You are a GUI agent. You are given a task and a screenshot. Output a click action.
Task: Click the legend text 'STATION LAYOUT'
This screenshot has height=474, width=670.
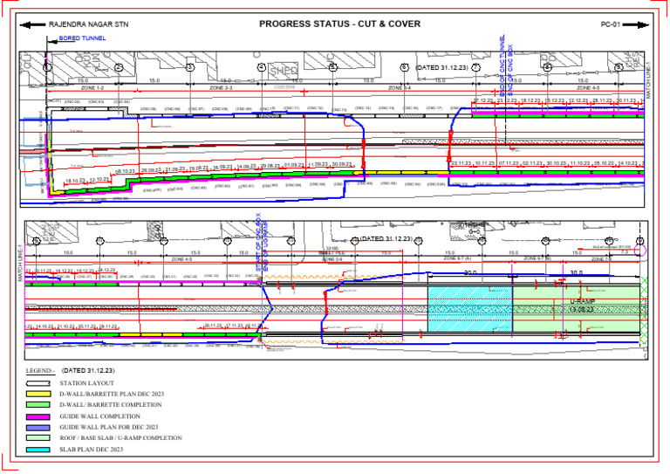[x=85, y=384]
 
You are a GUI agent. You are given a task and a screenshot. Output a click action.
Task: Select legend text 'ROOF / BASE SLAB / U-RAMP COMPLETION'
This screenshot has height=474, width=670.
[x=121, y=438]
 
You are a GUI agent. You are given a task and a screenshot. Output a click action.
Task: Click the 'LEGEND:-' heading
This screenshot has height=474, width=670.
[x=40, y=370]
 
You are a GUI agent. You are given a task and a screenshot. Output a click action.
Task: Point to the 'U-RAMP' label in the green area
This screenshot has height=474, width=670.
[x=582, y=301]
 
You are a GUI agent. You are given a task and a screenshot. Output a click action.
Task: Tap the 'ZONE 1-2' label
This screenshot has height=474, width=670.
[x=92, y=88]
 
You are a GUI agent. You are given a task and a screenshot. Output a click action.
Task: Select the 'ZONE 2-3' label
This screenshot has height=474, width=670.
[x=221, y=88]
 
